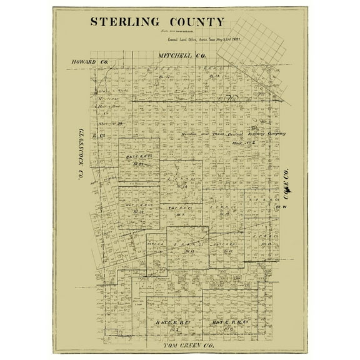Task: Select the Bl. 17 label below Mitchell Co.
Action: [213, 77]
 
